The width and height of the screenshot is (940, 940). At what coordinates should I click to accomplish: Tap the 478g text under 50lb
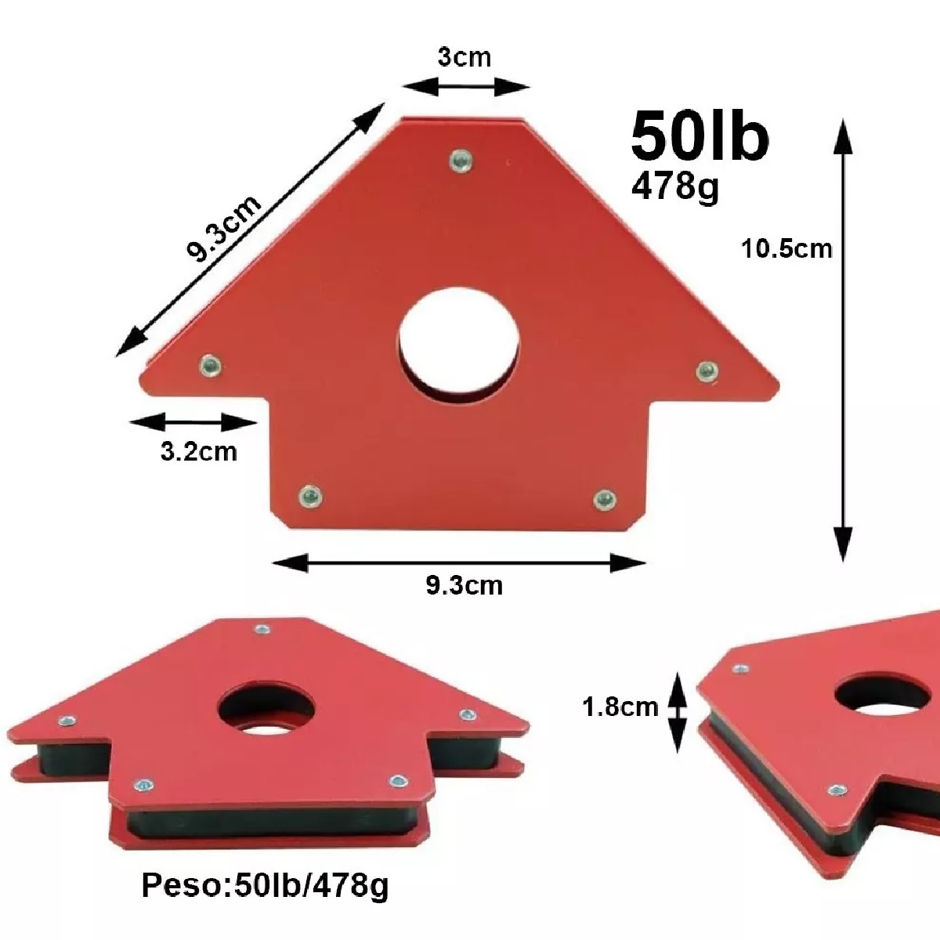[675, 186]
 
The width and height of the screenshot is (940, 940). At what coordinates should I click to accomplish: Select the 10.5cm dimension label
[786, 248]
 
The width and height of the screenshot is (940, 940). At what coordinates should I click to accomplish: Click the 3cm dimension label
[465, 57]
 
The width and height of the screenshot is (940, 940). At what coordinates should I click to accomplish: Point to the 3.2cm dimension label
[198, 452]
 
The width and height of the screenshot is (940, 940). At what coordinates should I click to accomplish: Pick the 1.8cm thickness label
[620, 707]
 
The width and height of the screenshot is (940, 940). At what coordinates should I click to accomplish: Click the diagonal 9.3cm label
[223, 228]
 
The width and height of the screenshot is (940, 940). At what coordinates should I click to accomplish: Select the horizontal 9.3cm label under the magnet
[465, 585]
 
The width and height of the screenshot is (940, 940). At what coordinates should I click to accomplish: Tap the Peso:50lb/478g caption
[265, 886]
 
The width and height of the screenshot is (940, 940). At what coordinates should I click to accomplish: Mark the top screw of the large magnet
[460, 161]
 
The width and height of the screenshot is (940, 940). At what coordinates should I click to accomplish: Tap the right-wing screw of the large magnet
[707, 370]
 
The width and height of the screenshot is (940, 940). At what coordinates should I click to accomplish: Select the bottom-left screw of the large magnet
[310, 495]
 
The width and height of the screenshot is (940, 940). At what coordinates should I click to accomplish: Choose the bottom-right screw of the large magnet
[603, 498]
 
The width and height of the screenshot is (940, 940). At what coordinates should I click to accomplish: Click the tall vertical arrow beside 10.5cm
[843, 341]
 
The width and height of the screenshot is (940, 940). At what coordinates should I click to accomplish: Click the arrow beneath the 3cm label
[466, 87]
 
